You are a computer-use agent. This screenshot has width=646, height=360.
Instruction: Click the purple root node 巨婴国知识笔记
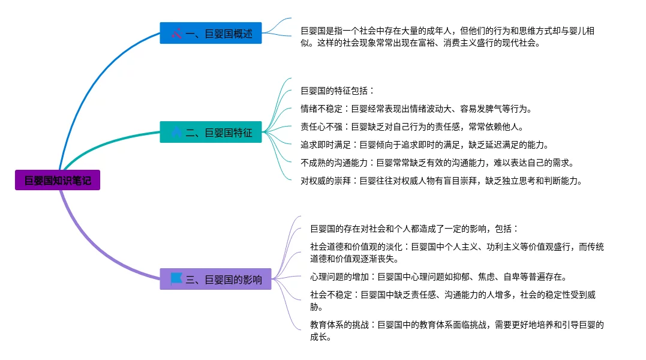click(x=58, y=180)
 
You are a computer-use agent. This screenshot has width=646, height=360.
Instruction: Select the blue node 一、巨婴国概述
click(x=211, y=33)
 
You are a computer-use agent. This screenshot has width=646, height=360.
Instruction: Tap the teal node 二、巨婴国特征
click(x=211, y=132)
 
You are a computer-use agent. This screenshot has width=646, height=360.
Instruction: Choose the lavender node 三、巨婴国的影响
click(x=215, y=279)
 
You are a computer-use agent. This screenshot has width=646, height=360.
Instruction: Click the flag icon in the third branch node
click(x=176, y=278)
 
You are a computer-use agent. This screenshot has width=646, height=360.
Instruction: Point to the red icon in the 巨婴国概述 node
click(x=176, y=33)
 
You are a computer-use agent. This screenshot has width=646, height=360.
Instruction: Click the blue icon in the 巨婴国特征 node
click(x=176, y=132)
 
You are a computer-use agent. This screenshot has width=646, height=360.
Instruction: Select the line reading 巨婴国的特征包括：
click(x=338, y=91)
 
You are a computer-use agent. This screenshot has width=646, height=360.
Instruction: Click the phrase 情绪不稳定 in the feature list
click(x=322, y=109)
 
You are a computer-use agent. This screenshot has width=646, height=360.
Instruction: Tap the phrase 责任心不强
click(x=322, y=127)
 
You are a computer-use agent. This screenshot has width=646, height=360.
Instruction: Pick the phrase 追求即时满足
click(x=326, y=145)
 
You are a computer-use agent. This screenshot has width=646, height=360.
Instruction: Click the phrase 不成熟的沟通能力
click(x=334, y=163)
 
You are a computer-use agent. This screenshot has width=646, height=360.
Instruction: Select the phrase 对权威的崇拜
click(x=326, y=181)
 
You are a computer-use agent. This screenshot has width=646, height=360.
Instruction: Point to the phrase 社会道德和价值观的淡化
click(x=356, y=247)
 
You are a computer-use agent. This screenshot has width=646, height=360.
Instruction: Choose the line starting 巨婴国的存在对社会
click(x=414, y=229)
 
